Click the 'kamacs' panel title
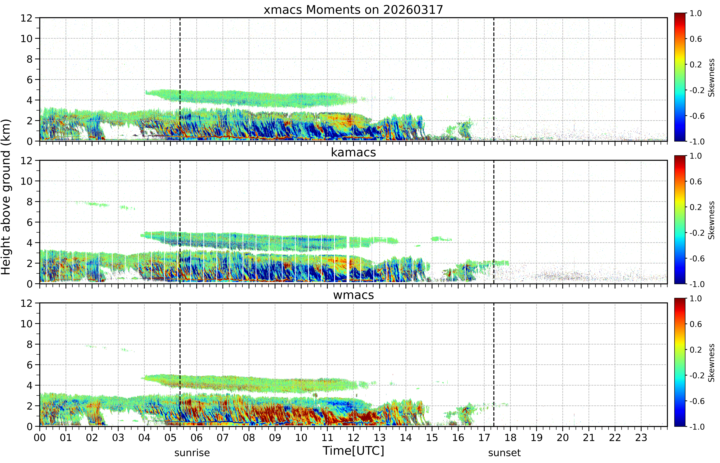(353, 152)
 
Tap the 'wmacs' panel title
(353, 295)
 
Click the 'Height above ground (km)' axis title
(6, 197)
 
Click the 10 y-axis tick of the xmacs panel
(26, 39)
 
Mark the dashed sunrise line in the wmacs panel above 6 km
(180, 334)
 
